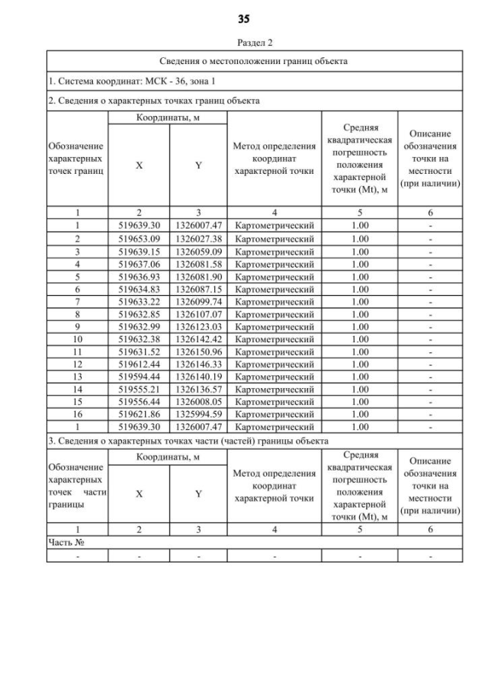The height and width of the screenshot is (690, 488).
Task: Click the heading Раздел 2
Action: click(x=255, y=43)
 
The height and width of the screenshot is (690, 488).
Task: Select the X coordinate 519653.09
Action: click(x=138, y=239)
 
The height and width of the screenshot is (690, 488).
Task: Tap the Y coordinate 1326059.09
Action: click(x=198, y=251)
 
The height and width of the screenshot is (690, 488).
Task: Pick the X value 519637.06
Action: click(x=138, y=263)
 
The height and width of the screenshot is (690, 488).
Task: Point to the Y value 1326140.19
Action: click(x=198, y=376)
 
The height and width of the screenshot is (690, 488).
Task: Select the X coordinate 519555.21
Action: click(x=138, y=389)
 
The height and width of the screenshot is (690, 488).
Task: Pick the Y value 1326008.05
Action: click(x=198, y=401)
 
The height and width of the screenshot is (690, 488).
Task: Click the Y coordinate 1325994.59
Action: click(x=198, y=414)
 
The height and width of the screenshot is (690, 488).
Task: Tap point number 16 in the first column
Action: click(x=77, y=414)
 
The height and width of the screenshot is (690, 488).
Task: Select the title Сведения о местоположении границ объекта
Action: click(x=255, y=61)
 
